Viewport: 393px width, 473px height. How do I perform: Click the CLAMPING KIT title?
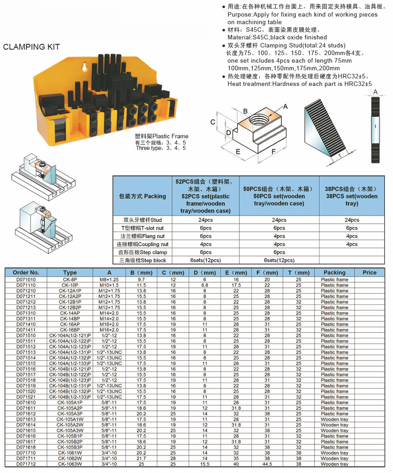(x=31, y=47)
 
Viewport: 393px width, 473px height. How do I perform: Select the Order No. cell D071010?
(x=26, y=280)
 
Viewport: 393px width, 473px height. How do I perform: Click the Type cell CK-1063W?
(x=70, y=464)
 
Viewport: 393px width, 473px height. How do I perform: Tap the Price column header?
(x=369, y=273)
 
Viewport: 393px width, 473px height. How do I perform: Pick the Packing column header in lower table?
(x=334, y=273)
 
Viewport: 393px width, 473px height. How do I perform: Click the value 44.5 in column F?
(x=267, y=464)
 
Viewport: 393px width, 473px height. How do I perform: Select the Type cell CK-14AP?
(x=70, y=313)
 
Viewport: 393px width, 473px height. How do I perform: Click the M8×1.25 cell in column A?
(x=108, y=280)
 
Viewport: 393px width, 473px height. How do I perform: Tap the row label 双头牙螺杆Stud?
(x=143, y=220)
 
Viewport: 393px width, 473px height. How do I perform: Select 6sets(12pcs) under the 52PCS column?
(x=206, y=260)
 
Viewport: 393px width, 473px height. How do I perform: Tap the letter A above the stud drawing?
(x=376, y=92)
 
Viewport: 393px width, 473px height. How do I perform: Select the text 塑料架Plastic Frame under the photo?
(x=162, y=136)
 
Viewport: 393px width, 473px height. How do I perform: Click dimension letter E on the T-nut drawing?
(x=238, y=152)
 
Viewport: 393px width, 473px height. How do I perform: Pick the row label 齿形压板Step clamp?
(x=143, y=252)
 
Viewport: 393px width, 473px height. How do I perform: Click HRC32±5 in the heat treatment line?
(x=358, y=84)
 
